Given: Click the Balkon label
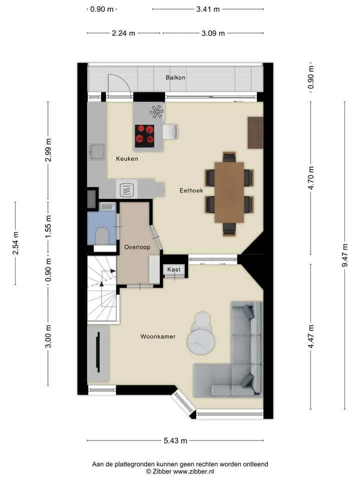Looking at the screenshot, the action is [x=175, y=77].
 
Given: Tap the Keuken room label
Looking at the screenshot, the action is [x=127, y=158].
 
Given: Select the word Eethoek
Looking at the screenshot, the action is [x=191, y=190].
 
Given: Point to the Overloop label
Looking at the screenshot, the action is [x=137, y=247].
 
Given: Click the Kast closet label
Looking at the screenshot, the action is [x=173, y=269].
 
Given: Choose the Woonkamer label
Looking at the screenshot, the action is [x=158, y=336].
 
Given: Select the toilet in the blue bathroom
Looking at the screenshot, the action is [x=102, y=235].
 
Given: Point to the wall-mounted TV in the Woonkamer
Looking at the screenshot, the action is [x=98, y=352].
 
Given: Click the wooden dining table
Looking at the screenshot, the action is [x=229, y=192].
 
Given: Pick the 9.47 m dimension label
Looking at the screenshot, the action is [x=345, y=255].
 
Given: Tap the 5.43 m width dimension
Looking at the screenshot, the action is [x=175, y=440].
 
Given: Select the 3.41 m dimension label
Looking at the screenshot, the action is [x=208, y=9].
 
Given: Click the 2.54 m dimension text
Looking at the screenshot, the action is [x=15, y=243].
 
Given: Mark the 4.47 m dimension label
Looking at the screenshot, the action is [x=311, y=336].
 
